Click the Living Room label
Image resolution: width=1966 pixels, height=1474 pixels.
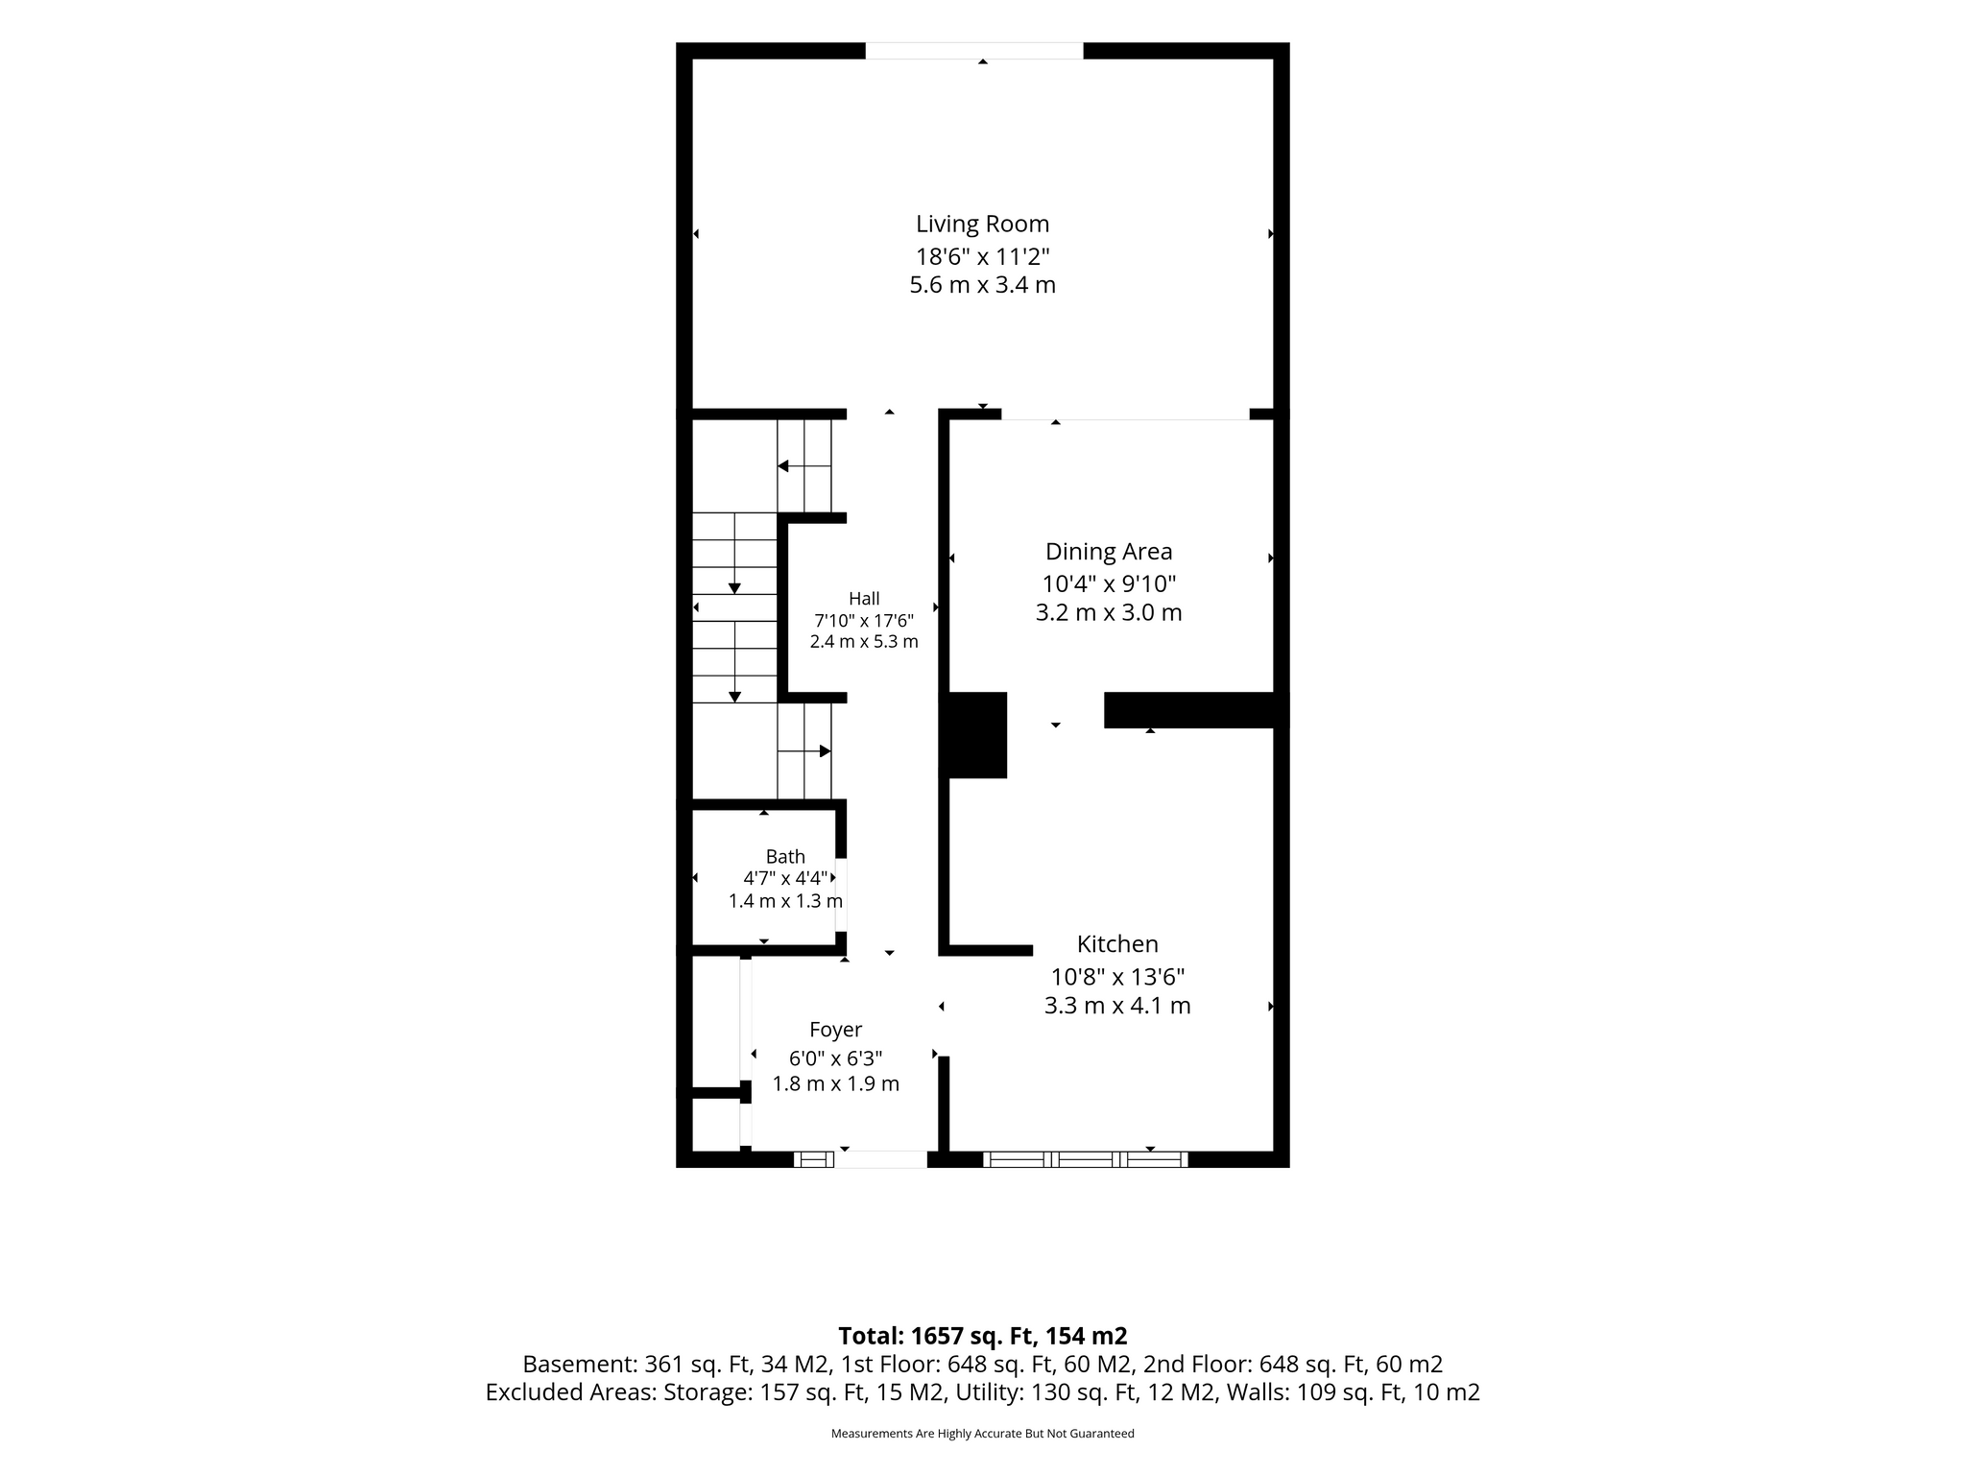(982, 225)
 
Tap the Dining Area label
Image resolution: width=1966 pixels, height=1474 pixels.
(1109, 552)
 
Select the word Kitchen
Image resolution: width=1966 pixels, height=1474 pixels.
(1117, 944)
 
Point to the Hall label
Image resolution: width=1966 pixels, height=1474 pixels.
(864, 599)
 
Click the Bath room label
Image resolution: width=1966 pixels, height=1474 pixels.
(785, 857)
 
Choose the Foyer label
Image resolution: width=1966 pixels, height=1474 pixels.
(835, 1030)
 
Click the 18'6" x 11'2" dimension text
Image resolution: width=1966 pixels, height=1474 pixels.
(982, 257)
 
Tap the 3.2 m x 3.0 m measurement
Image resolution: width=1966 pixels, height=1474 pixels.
(1109, 612)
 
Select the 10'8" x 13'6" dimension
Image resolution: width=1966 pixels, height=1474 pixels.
(1117, 977)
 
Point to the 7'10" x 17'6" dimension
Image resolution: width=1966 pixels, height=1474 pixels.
(864, 620)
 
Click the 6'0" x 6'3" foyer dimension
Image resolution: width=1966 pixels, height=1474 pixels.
(835, 1058)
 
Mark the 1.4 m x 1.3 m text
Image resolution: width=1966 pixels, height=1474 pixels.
(785, 901)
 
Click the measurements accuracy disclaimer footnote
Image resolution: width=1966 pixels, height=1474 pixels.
(982, 1434)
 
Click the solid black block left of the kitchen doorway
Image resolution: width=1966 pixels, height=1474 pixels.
(972, 735)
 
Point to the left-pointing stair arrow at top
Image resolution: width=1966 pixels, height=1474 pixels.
(803, 466)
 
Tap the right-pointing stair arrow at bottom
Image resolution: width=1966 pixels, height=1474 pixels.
(804, 751)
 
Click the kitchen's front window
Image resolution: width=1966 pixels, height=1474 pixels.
(1085, 1159)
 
